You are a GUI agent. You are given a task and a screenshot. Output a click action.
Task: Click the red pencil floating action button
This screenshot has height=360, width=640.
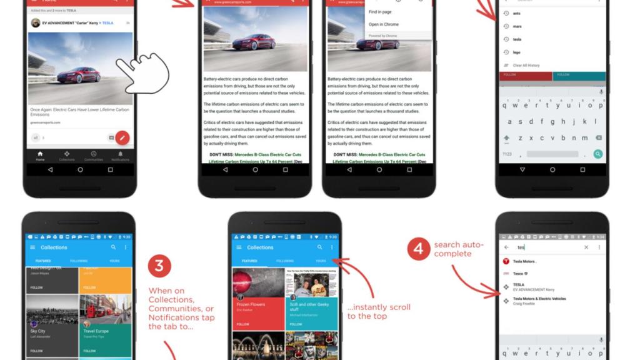[x=122, y=137]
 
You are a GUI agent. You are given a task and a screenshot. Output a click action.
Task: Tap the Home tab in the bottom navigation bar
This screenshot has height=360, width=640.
[x=40, y=156]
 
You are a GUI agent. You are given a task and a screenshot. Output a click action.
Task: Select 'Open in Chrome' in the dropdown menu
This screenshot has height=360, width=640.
[x=384, y=24]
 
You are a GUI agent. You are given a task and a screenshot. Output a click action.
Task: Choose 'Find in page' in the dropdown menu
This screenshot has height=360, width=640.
[x=380, y=12]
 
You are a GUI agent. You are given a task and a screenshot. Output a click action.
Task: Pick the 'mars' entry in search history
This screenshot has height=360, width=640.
[x=517, y=26]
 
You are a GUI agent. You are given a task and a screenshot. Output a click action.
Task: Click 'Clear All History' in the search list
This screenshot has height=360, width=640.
[x=526, y=65]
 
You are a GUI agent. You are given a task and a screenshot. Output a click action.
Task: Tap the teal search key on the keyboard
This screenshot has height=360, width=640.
[x=597, y=154]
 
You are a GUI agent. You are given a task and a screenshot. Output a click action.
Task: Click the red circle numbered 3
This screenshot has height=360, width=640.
[x=159, y=266]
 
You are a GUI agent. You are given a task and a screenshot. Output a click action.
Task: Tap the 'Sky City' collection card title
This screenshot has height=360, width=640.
[x=38, y=331]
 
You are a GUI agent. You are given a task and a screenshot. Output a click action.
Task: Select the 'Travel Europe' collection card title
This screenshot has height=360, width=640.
[x=96, y=331]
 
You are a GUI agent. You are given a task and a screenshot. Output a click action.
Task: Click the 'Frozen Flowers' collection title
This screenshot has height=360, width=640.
[x=251, y=304]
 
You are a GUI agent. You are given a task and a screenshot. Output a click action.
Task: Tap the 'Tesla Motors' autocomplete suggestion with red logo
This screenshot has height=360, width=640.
[x=525, y=261]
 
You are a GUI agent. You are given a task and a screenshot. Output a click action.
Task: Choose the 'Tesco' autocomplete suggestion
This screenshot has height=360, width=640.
[x=519, y=273]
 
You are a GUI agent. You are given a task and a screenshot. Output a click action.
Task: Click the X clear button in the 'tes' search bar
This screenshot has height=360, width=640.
[x=586, y=247]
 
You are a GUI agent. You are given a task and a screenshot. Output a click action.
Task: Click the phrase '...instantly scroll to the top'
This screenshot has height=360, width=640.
[x=379, y=311]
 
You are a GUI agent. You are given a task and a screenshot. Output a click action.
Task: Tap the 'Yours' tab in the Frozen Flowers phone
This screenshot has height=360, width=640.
[x=320, y=261]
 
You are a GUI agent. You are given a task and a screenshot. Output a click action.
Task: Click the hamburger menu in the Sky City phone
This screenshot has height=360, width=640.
[x=32, y=247]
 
